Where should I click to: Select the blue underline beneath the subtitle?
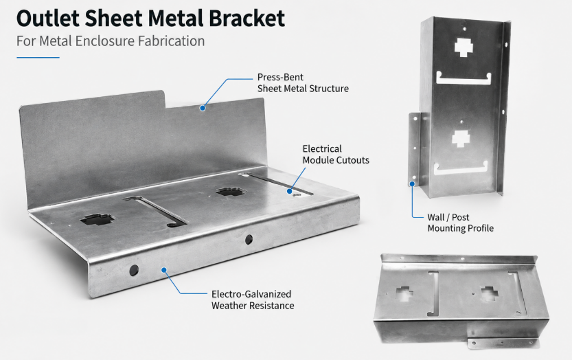coord(38,57)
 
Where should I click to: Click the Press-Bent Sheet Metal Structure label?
coord(303,83)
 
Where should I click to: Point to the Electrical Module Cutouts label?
coord(336,155)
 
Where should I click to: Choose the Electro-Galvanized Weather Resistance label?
coord(253,300)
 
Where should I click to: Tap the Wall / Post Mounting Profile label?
coord(460,223)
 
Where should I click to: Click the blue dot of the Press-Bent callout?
coord(203,108)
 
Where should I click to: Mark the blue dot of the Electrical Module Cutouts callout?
coord(290,191)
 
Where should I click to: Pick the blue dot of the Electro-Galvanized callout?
coord(164,270)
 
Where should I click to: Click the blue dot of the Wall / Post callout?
coord(412,184)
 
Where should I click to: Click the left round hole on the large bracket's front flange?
coord(134,270)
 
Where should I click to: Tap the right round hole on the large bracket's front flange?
coord(249,240)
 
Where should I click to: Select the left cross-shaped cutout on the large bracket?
coord(97,219)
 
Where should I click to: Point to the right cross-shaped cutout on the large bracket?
coord(229,191)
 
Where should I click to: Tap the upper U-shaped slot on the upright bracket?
coord(464,78)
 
